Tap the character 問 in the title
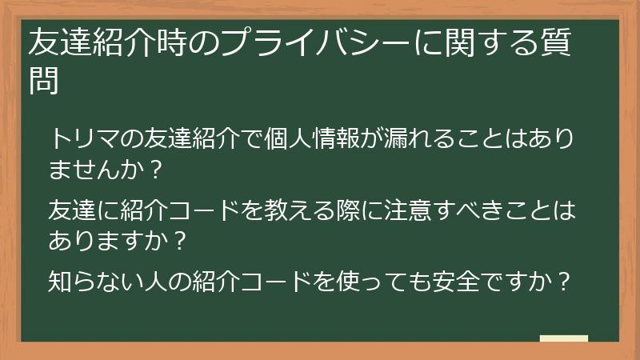44,81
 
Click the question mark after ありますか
181,242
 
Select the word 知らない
94,282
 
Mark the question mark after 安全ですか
563,282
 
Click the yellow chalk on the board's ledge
564,338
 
